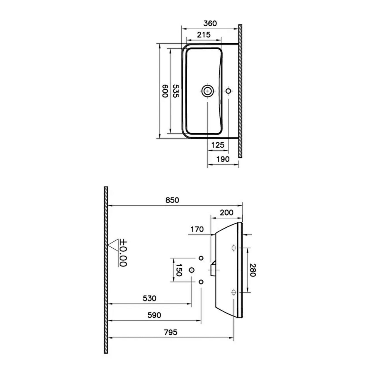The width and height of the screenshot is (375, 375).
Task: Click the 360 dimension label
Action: pos(210,23)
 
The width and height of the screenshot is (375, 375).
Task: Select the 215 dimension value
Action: pos(204,35)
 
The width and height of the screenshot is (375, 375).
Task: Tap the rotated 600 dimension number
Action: pos(165,91)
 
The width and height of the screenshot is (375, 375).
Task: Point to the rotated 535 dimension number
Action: pos(175,91)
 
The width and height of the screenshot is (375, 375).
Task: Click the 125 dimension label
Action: pos(218,145)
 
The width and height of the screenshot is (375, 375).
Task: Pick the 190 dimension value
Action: pos(223,159)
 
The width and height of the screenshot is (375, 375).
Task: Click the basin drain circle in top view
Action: pos(208,91)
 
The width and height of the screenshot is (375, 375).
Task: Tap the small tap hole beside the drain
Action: pos(229,91)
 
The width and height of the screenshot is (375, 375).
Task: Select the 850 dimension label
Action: pos(172,200)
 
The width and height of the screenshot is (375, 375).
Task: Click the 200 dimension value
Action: pos(226,212)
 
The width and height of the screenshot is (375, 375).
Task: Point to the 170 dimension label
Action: pos(197,229)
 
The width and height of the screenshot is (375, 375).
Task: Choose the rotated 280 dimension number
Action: pos(253,270)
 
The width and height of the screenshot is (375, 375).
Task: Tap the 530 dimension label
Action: pos(149,299)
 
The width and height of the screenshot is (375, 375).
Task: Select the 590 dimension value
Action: pos(154,315)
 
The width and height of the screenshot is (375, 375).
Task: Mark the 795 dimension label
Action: pos(171,332)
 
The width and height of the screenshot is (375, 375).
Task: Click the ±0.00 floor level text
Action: pos(123,253)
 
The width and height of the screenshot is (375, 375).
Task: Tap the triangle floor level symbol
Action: pos(112,244)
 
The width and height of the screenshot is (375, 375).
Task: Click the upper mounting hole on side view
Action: pos(233,248)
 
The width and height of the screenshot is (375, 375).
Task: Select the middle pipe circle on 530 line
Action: pos(192,270)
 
